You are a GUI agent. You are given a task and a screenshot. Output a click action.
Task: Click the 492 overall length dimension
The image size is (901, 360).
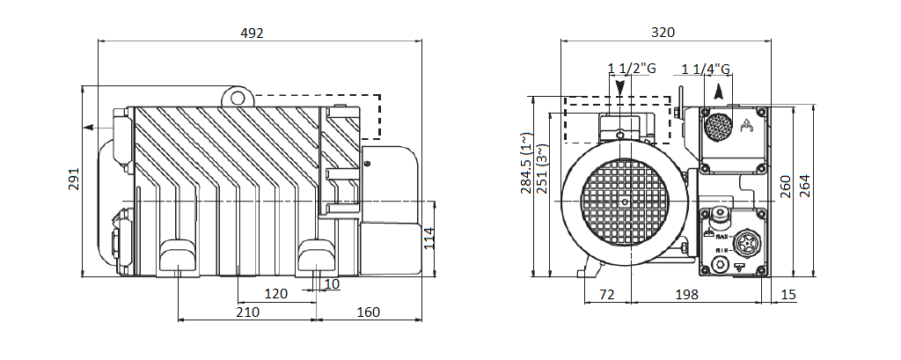tap(253, 33)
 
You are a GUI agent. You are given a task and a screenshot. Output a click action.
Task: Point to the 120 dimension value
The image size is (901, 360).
tap(276, 293)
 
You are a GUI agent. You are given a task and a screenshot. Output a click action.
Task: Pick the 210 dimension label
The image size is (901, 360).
tap(247, 312)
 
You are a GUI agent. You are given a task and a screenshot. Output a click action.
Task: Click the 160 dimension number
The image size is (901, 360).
tap(369, 312)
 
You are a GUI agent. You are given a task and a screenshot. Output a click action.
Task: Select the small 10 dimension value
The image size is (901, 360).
tap(332, 283)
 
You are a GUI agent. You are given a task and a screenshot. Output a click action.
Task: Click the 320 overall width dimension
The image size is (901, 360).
tap(663, 33)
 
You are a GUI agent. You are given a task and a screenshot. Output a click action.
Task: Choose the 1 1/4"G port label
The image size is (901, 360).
tap(707, 69)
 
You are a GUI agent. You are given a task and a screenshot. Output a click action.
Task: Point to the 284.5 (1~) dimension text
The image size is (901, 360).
tap(525, 164)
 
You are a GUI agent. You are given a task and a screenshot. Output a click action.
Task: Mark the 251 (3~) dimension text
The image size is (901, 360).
tap(541, 164)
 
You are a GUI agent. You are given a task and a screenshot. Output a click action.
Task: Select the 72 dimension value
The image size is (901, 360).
tap(606, 293)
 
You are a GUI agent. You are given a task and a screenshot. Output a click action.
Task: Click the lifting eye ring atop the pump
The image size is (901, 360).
tap(236, 95)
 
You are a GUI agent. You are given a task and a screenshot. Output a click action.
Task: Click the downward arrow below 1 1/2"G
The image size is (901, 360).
tap(621, 88)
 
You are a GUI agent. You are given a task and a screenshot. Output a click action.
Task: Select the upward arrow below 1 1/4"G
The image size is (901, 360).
tap(720, 89)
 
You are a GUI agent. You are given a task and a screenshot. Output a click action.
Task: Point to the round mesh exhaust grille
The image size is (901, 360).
tap(718, 127)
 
